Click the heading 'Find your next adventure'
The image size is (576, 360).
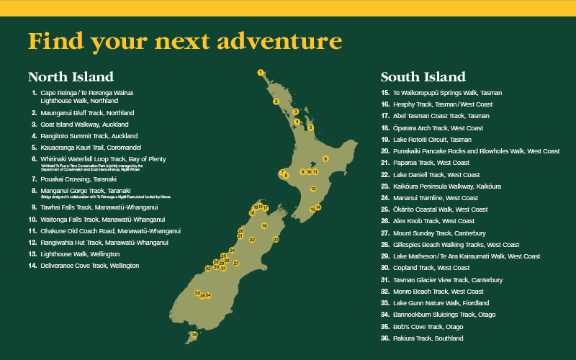click(185, 41)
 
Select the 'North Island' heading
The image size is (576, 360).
click(71, 76)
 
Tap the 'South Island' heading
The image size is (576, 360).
click(423, 76)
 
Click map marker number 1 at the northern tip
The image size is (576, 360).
click(261, 72)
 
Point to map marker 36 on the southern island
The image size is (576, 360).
click(194, 335)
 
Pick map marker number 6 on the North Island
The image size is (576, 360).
click(325, 158)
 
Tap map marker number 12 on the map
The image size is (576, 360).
click(313, 188)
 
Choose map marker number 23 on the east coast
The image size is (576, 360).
click(276, 239)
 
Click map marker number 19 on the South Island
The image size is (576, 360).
click(264, 225)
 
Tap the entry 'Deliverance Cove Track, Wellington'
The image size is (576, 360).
click(89, 266)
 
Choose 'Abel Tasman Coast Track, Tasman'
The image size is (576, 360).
click(441, 116)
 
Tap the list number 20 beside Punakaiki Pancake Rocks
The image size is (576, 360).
click(385, 151)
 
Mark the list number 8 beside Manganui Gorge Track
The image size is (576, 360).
click(33, 190)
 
